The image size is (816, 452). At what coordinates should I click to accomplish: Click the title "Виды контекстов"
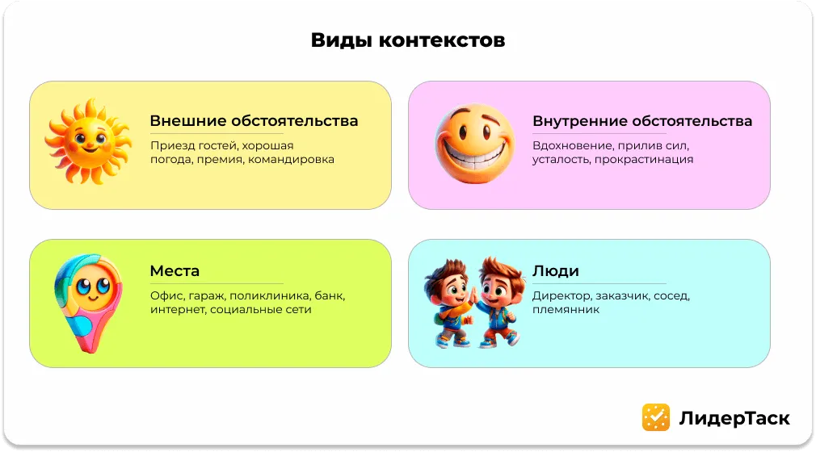point(407,40)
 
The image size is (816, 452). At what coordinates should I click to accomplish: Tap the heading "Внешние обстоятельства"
point(254,121)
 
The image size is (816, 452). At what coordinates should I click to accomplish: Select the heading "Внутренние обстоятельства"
point(641,121)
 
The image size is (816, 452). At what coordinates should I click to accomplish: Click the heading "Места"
point(175,270)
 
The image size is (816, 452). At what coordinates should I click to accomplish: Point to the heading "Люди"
point(555,270)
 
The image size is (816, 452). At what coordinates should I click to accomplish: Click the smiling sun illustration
point(88,140)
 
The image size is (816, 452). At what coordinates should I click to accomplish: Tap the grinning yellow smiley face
point(474,146)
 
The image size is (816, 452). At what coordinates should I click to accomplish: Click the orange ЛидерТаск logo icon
point(655,416)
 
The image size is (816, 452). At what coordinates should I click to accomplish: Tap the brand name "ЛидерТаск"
point(734,417)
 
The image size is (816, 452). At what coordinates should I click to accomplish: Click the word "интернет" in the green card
point(177,309)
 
